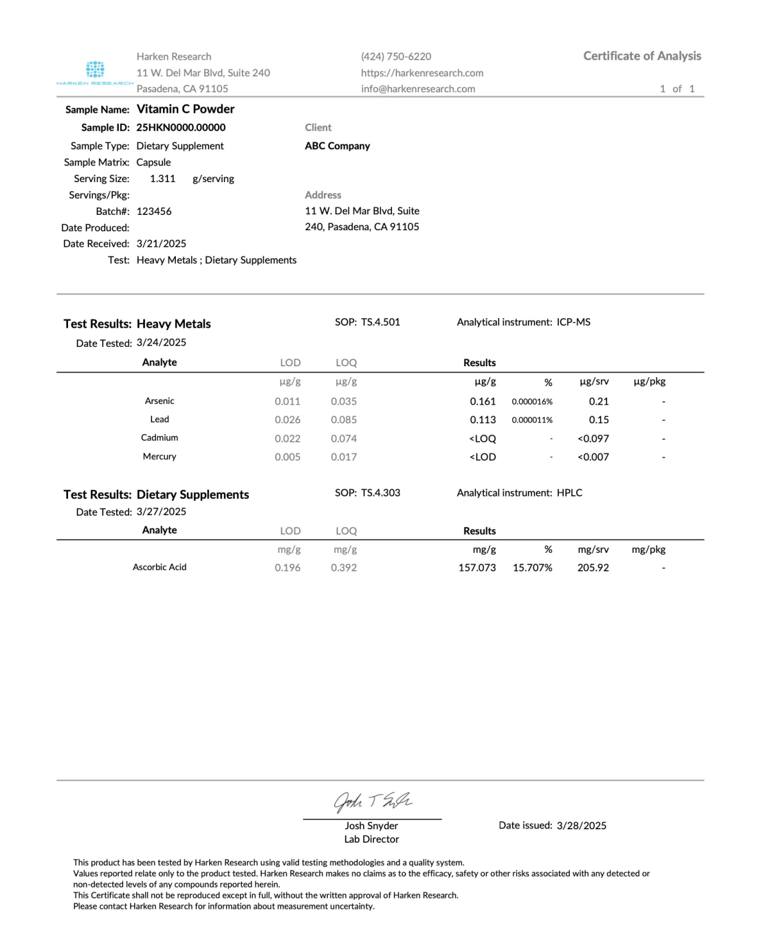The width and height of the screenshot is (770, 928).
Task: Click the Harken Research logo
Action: [x=95, y=71]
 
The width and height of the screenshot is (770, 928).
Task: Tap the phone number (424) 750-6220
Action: [x=396, y=56]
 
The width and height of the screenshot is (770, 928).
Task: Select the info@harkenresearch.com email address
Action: [x=418, y=89]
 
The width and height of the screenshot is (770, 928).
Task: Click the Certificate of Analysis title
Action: [x=642, y=56]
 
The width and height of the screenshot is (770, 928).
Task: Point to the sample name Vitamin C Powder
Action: [x=185, y=109]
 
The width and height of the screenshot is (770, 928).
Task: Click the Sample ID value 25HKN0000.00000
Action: [x=181, y=128]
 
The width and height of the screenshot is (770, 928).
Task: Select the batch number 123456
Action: [x=154, y=211]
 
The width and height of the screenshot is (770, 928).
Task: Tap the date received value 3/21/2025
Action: [x=161, y=244]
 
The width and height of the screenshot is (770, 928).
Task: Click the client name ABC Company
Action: [x=338, y=146]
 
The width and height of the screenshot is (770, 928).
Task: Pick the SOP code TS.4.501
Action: [x=381, y=322]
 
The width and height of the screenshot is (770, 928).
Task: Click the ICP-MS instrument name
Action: [x=574, y=322]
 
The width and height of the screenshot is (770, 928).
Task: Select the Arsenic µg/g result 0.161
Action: [x=483, y=401]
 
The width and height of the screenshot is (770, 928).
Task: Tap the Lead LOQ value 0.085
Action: [x=344, y=420]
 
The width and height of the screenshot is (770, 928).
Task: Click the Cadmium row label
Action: [x=160, y=438]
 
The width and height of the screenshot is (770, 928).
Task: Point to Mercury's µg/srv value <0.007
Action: [x=593, y=457]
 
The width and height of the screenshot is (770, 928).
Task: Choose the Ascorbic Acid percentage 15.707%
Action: [x=533, y=568]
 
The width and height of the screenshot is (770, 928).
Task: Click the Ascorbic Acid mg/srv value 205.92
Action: [x=593, y=568]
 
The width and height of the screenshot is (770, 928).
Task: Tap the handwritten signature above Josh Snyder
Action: [x=372, y=800]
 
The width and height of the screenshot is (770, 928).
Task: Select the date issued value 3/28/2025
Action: [x=581, y=825]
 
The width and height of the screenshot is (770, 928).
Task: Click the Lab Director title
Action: [x=372, y=839]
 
